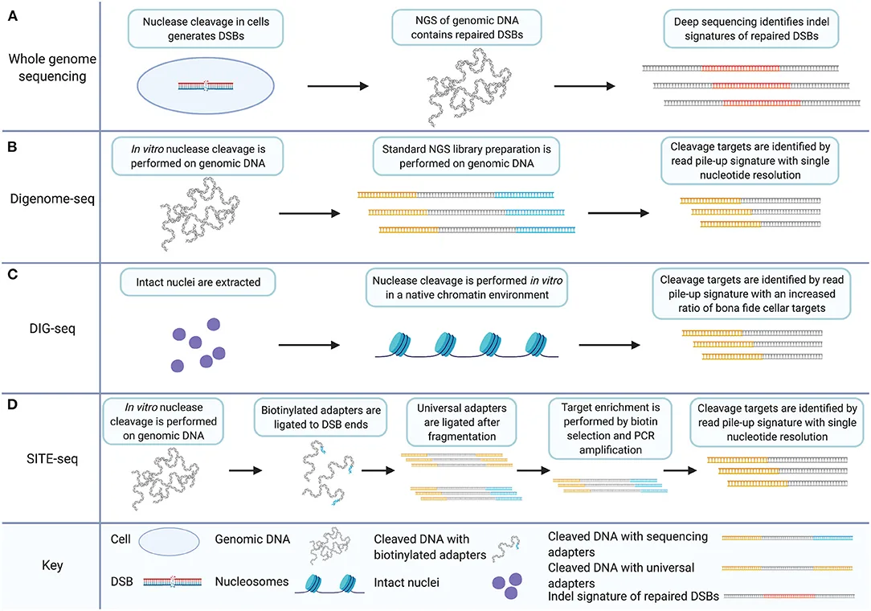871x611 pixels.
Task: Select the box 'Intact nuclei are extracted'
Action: point(196,282)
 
